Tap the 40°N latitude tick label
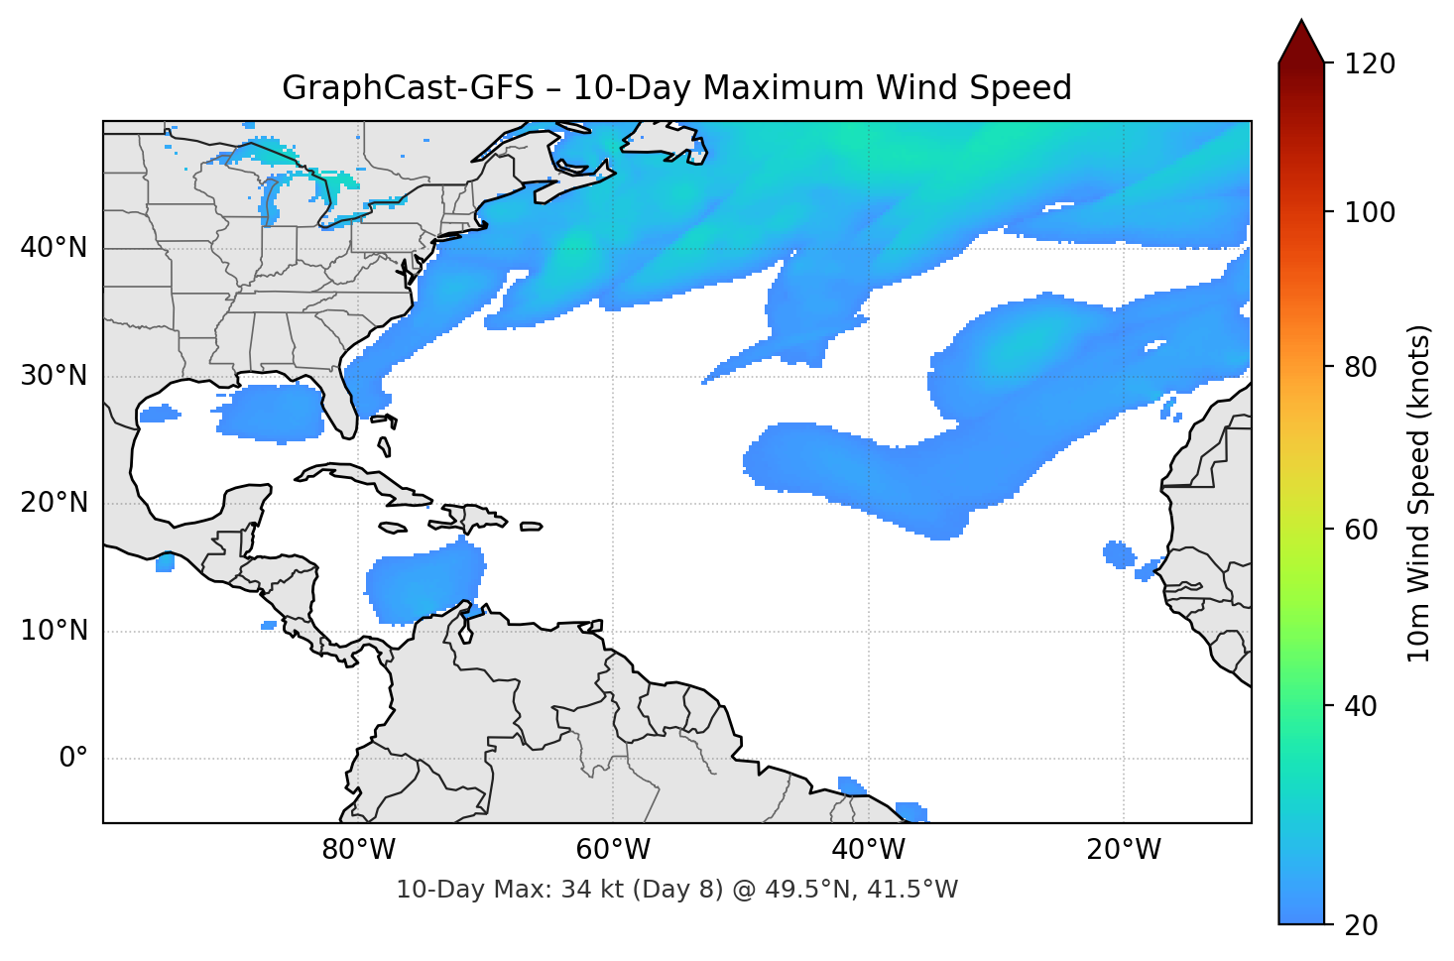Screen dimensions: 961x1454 54,248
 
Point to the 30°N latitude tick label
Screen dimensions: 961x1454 54,376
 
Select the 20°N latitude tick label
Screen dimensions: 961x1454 54,503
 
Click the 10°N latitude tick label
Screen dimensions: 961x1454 54,631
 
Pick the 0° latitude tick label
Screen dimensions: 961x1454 73,759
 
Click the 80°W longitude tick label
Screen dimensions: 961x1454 358,850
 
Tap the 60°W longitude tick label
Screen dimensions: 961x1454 613,850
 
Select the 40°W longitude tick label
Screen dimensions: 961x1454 868,850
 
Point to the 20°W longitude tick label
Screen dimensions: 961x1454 1123,850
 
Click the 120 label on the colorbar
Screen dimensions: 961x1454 1369,64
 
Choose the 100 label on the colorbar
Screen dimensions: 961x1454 1369,212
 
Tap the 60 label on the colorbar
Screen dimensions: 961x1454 1363,530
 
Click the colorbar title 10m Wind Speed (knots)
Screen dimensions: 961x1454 1419,494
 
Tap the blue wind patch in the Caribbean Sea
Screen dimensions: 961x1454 426,585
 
